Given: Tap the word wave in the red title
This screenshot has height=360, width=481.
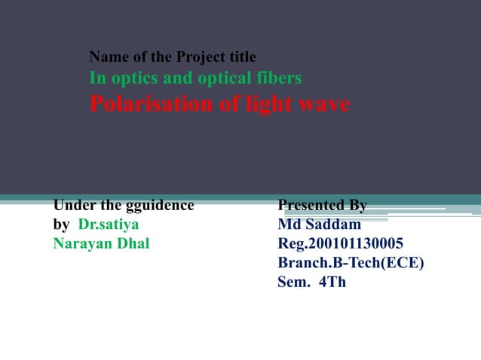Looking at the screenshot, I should pyautogui.click(x=326, y=104).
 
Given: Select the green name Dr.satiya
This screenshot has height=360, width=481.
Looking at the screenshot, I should pyautogui.click(x=109, y=224).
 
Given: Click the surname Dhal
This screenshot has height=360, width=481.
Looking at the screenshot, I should pyautogui.click(x=132, y=244).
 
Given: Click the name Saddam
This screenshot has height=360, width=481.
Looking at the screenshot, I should pyautogui.click(x=332, y=224).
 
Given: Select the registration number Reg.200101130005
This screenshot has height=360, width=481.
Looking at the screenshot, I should pyautogui.click(x=340, y=244).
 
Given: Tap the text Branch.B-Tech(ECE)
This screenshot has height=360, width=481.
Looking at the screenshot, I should pyautogui.click(x=351, y=264).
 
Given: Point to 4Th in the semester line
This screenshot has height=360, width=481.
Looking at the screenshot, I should pyautogui.click(x=332, y=283).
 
